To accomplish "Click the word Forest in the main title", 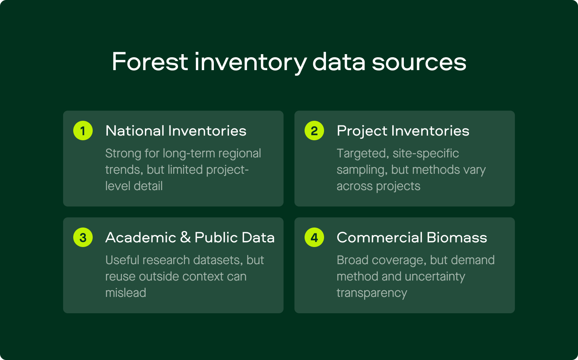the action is coord(150,62).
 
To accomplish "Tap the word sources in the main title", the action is coord(419,63).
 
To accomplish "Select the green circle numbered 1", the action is coord(83,131).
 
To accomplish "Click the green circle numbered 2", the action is coord(314,131).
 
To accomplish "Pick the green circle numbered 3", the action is coord(83,237).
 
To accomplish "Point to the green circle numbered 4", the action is coord(314,237).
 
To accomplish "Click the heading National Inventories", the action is coord(176,131).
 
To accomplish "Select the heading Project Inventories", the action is coord(403,131).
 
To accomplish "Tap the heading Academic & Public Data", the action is coord(190,237).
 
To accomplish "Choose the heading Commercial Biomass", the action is coord(412,237).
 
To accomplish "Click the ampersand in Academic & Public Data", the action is coord(185,237).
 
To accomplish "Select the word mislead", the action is coord(126,293).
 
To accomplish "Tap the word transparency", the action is coord(372,293).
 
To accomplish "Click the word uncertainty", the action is coord(435,277).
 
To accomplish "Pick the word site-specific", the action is coord(426,154).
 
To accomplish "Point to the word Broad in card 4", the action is coord(352,260).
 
